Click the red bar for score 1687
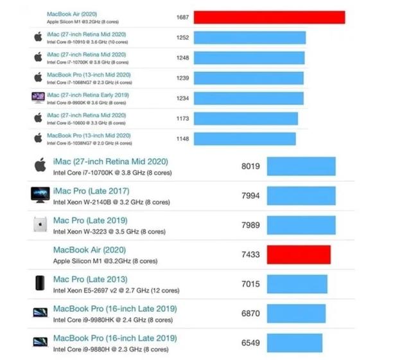(x=269, y=17)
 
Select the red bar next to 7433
(x=299, y=255)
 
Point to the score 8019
(x=250, y=166)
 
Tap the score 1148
(x=182, y=139)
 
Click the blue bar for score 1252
(x=249, y=38)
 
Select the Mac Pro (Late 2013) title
(x=90, y=279)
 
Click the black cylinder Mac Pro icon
(x=39, y=283)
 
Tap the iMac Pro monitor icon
(x=40, y=195)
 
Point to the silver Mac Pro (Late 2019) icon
(x=39, y=225)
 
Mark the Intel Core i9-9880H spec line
(x=110, y=350)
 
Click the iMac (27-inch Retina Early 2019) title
(x=88, y=95)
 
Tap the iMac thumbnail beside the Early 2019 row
(x=38, y=98)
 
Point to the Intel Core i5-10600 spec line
(x=88, y=123)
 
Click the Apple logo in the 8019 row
(x=40, y=165)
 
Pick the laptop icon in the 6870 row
(x=40, y=313)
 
